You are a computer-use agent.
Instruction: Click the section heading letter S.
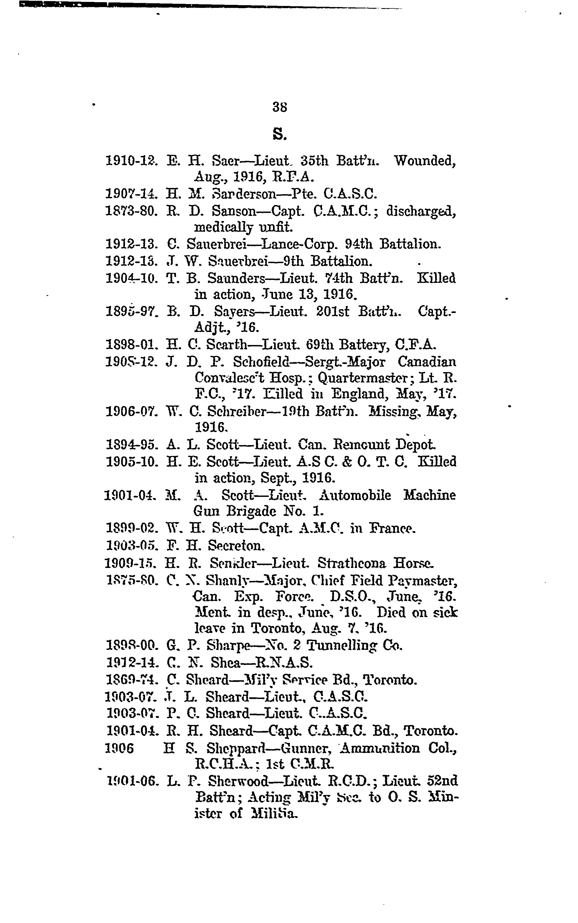[x=280, y=134]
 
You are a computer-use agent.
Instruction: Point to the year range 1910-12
[x=131, y=161]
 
